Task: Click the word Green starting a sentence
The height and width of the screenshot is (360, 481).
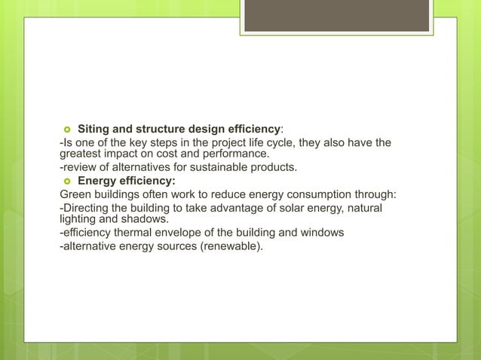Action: coord(76,194)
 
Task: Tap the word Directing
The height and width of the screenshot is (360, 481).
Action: coord(87,207)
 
